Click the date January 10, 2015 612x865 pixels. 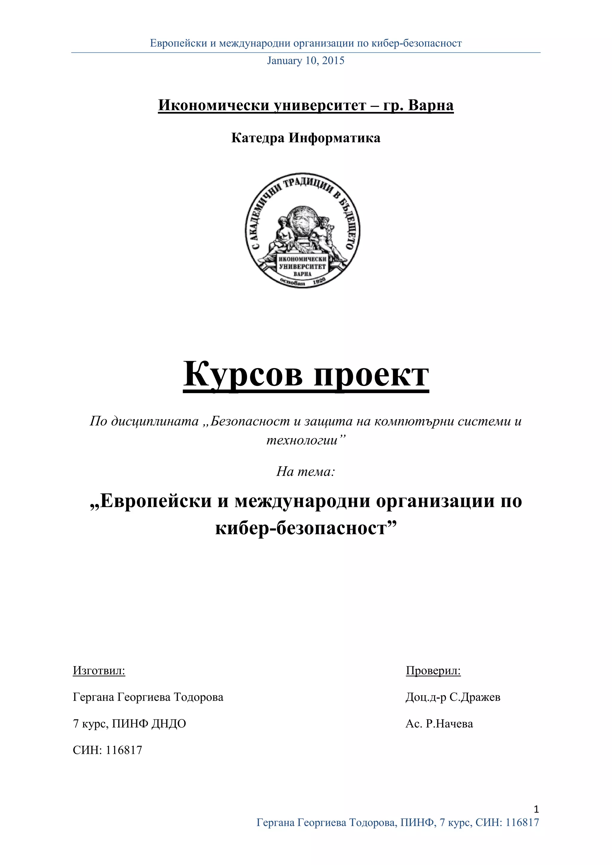coord(306,61)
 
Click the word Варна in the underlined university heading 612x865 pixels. coord(431,105)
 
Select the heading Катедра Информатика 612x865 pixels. coord(306,138)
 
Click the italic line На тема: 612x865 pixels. coord(306,471)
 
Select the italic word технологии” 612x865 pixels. coord(306,440)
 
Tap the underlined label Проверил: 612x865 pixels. coord(433,670)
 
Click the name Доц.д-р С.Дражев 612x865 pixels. coord(453,697)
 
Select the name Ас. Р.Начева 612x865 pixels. coord(439,723)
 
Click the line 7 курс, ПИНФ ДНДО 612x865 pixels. coord(129,723)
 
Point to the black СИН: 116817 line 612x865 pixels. coord(107,750)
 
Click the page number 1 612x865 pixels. coord(536,809)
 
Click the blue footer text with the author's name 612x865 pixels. coord(397,822)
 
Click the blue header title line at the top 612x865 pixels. coord(306,43)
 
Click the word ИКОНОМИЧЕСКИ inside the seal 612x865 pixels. coord(302,259)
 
